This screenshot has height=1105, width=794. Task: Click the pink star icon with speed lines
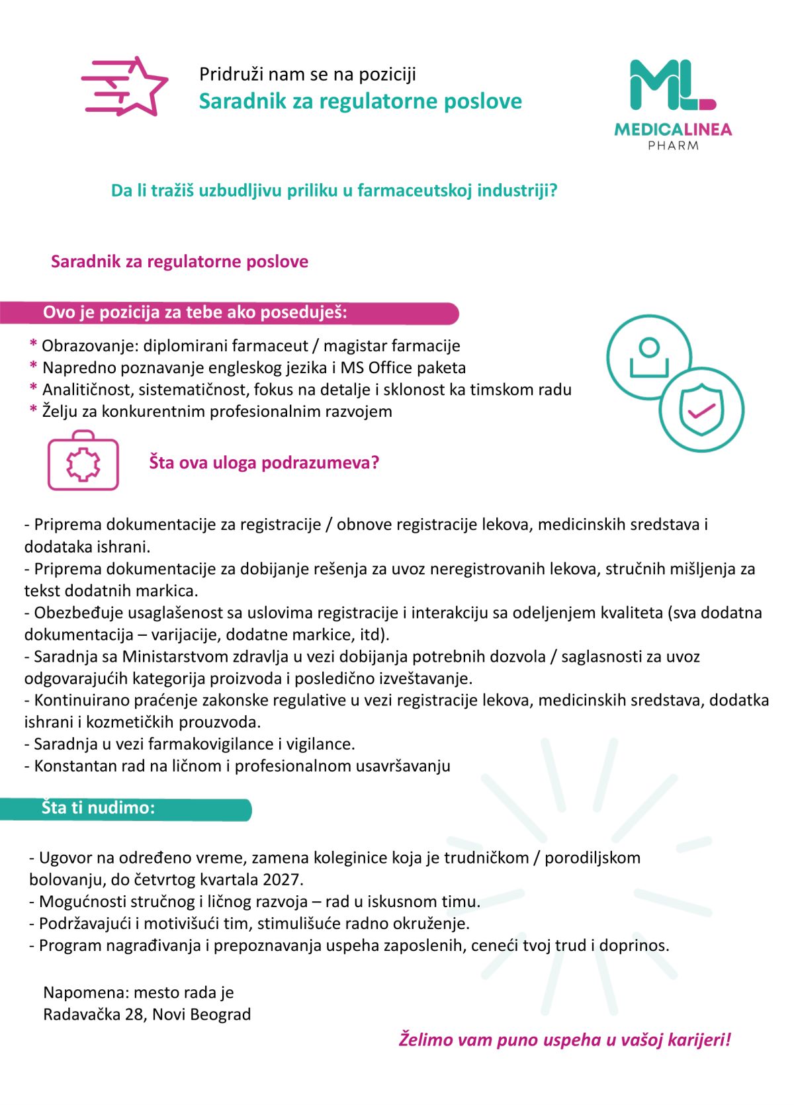click(126, 87)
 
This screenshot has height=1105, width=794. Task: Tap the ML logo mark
click(672, 85)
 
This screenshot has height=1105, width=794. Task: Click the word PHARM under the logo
click(673, 146)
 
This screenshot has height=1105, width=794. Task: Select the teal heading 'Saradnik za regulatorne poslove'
click(360, 101)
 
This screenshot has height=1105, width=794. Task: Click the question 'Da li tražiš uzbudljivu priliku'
click(334, 191)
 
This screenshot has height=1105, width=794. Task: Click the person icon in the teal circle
click(648, 357)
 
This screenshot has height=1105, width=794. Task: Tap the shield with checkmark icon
click(701, 410)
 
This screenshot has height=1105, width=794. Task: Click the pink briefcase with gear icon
click(83, 461)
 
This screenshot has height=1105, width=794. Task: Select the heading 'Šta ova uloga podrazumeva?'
click(264, 463)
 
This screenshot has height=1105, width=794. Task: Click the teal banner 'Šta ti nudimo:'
click(126, 809)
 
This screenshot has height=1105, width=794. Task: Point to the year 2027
click(283, 879)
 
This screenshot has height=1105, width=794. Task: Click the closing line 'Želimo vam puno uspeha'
click(564, 1039)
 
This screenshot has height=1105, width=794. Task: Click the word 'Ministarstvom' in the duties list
click(175, 656)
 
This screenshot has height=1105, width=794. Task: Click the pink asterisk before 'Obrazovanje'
click(33, 345)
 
